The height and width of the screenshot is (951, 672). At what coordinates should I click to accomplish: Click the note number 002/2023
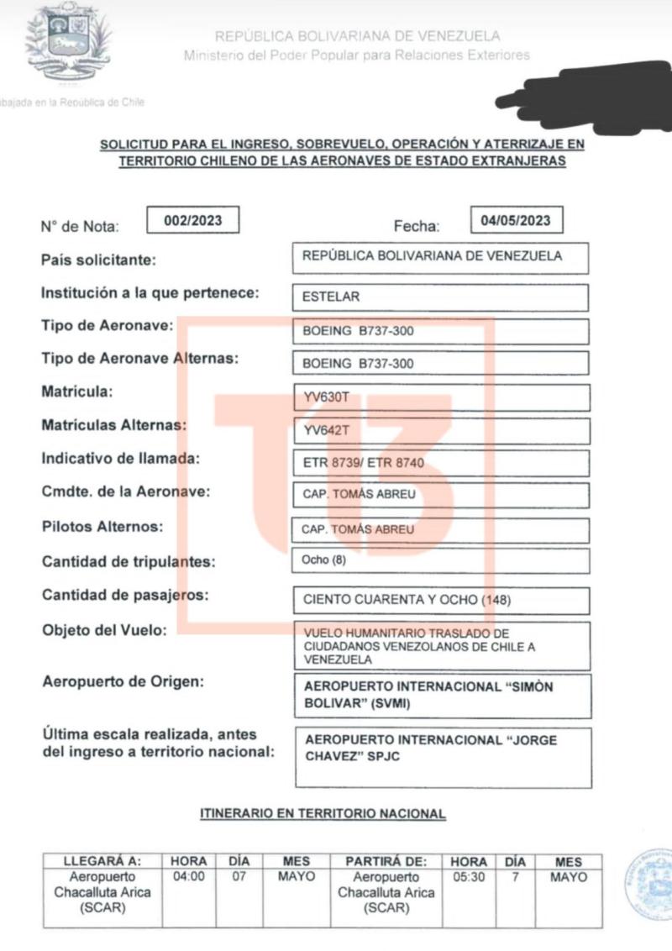[x=193, y=221]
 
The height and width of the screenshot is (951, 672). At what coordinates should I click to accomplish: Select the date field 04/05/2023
[x=516, y=221]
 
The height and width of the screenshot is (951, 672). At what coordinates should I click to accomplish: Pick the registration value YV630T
[x=326, y=397]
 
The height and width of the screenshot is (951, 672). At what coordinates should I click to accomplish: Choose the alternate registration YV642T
[x=326, y=431]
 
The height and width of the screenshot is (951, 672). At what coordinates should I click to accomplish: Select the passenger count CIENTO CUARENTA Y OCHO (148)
[x=407, y=600]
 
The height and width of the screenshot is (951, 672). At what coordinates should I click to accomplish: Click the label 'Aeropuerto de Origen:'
[x=123, y=681]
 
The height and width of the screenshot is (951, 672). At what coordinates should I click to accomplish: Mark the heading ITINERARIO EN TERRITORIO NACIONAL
[x=322, y=813]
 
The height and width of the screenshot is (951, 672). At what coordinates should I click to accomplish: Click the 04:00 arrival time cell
[x=188, y=877]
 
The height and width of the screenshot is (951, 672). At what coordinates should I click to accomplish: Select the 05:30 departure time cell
[x=468, y=877]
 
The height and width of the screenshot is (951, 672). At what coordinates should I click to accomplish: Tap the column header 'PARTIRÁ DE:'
[x=386, y=862]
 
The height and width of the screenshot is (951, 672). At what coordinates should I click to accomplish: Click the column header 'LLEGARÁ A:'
[x=102, y=862]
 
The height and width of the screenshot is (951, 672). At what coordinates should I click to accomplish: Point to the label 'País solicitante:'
[x=98, y=260]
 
